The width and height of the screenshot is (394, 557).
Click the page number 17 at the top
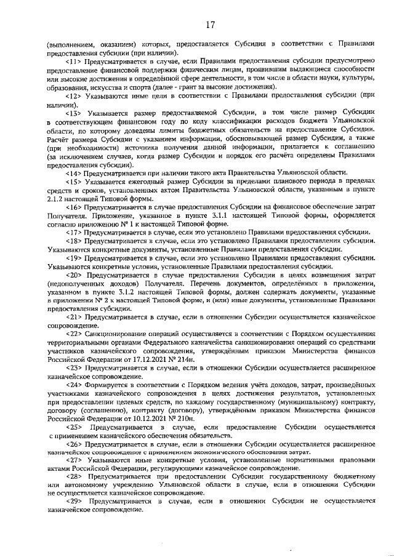tap(211, 25)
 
